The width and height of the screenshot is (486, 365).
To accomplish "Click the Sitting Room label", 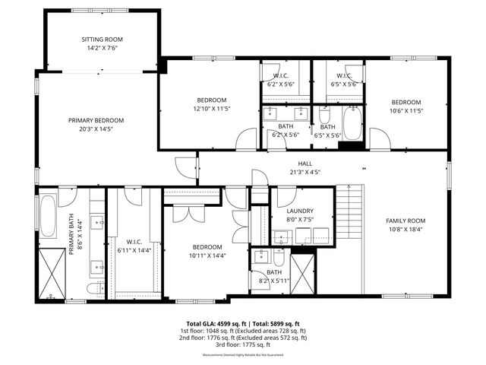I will coord(102,39).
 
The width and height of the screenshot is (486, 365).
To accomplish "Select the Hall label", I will coord(305,163).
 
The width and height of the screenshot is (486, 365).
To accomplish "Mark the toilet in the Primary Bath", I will coord(94,290).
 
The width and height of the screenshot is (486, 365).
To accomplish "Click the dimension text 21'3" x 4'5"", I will coord(305,172).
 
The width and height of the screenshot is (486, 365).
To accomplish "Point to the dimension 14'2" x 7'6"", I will coord(102,48).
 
